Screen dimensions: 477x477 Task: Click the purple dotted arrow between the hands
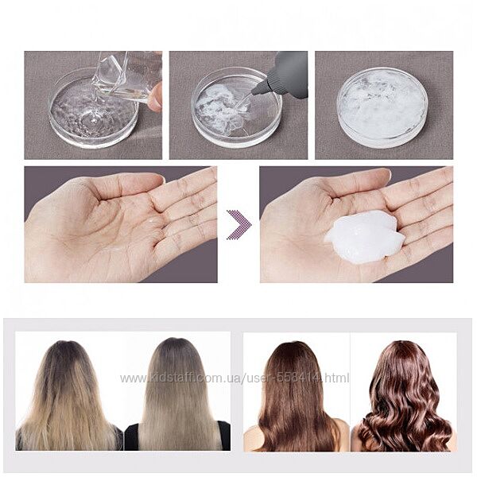coord(240,224)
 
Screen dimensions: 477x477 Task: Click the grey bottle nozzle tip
coord(254,92)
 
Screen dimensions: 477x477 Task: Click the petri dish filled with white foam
coord(382,107)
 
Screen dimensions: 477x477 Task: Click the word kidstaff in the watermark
coord(171,378)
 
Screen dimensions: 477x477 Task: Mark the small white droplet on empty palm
coord(150,219)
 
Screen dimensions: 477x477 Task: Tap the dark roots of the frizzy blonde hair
coord(66,356)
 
